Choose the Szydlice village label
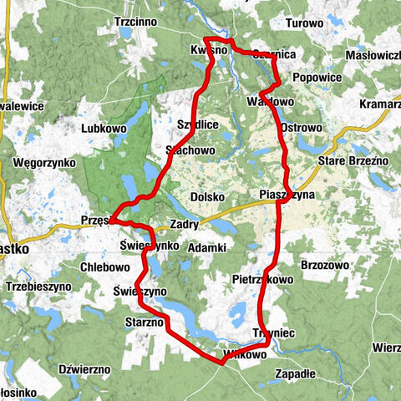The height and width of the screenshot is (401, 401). pyautogui.click(x=198, y=124)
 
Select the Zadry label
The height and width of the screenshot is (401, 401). pyautogui.click(x=183, y=225)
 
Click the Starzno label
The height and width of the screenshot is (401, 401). pyautogui.click(x=145, y=322)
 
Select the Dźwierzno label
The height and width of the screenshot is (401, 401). pyautogui.click(x=84, y=368)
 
